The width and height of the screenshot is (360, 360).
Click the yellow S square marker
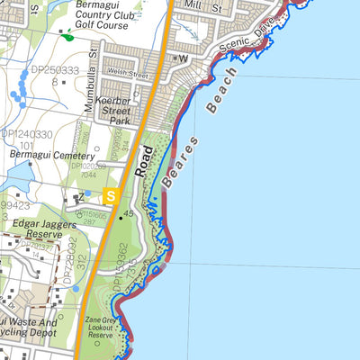point(111,194)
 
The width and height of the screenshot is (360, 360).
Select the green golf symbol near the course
point(68,37)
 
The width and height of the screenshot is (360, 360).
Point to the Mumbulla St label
point(89,89)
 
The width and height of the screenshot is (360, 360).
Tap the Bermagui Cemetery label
point(44,155)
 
